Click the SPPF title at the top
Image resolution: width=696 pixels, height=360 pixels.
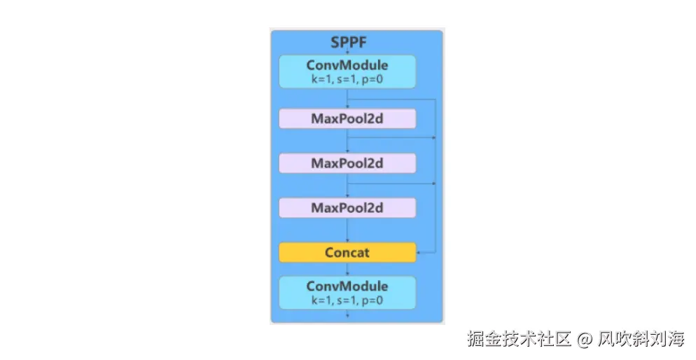(348, 42)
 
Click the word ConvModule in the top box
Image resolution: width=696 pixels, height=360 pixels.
(347, 65)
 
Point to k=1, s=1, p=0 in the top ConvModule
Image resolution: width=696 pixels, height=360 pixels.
(347, 79)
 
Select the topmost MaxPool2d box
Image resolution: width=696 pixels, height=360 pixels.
(347, 118)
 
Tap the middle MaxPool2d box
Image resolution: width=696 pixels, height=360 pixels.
(347, 163)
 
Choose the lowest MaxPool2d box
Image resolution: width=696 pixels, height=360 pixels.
(347, 208)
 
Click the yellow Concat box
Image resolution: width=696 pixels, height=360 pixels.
(347, 252)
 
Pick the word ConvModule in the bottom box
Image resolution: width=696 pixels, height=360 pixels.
(347, 286)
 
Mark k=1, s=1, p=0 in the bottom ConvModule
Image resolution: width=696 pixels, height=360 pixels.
(347, 300)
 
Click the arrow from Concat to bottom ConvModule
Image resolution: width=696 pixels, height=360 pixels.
(348, 269)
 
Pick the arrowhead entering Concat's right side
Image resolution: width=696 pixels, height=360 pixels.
(419, 252)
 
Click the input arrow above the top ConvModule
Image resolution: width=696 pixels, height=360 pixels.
(348, 53)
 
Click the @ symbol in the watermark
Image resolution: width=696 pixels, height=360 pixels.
(585, 340)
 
